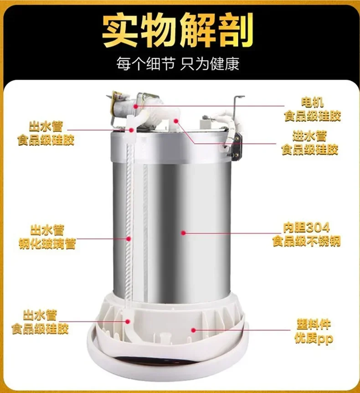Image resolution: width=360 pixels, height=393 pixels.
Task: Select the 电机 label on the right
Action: [313, 103]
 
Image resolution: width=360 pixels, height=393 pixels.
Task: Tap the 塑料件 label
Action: [312, 325]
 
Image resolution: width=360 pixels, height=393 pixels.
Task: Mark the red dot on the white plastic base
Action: [193, 329]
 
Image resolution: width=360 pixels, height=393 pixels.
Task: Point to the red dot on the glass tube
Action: [129, 238]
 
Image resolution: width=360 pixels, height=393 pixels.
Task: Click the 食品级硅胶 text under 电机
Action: [313, 117]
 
